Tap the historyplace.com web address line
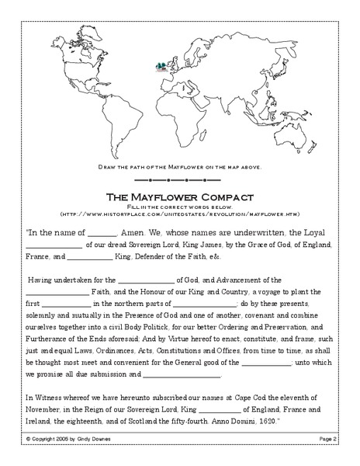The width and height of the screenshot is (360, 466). (180, 214)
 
